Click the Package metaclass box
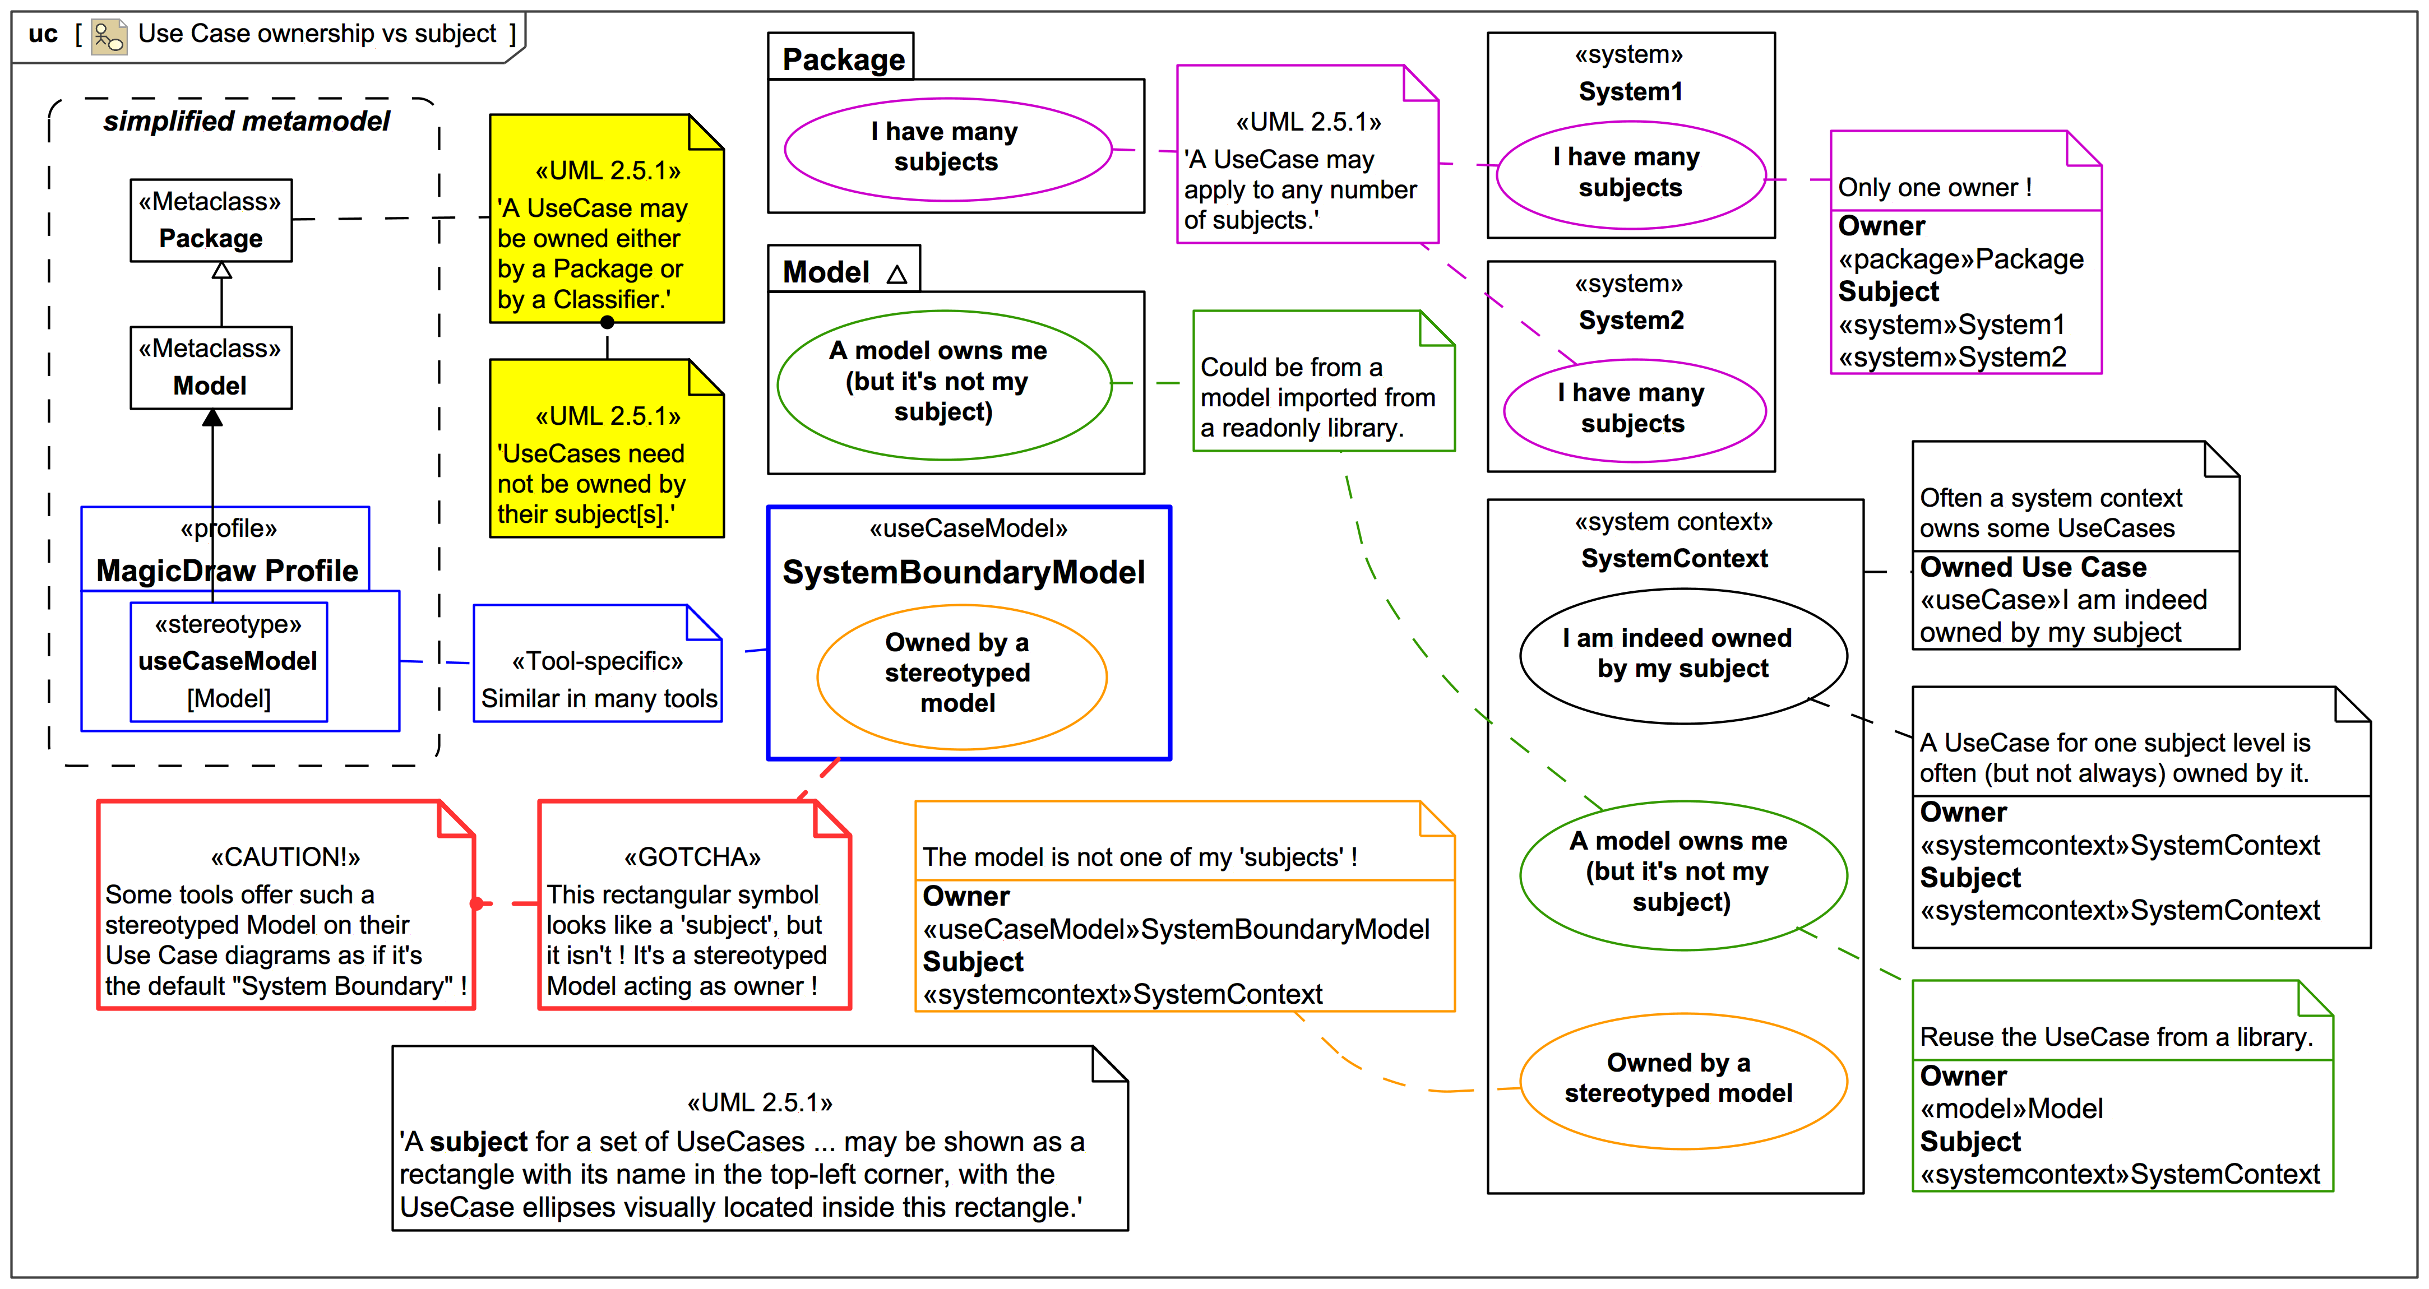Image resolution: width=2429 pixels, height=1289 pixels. tap(211, 221)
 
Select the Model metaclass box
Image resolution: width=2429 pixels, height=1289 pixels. tap(211, 368)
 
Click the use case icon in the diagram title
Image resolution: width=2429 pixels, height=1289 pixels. tap(108, 36)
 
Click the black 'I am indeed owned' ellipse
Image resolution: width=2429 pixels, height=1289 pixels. tap(1683, 655)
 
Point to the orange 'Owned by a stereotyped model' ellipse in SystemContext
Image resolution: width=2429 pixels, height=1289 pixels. tap(1682, 1079)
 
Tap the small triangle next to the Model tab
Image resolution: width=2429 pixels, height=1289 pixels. tap(897, 275)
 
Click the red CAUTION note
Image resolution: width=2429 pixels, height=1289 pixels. tap(286, 905)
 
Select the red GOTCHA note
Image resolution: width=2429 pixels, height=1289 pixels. tap(694, 905)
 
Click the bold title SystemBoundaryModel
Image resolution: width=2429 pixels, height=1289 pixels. tap(964, 572)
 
